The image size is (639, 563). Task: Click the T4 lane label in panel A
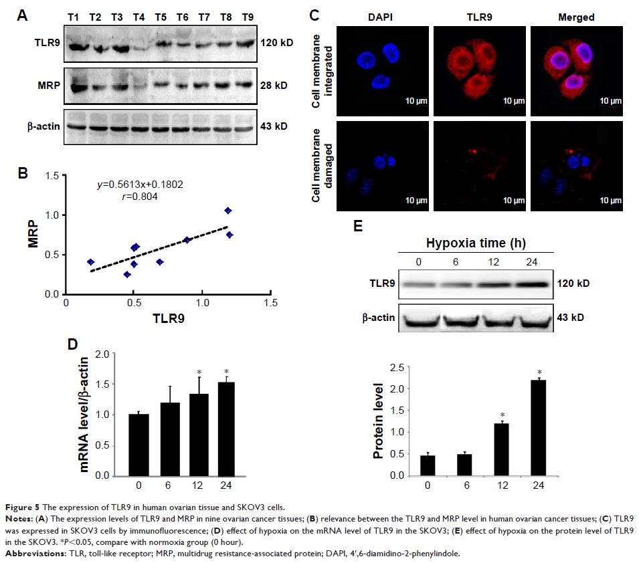pos(138,16)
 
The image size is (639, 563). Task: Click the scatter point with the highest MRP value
pos(228,211)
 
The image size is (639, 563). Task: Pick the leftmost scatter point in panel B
pos(91,262)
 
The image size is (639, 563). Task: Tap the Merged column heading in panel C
pos(576,17)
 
